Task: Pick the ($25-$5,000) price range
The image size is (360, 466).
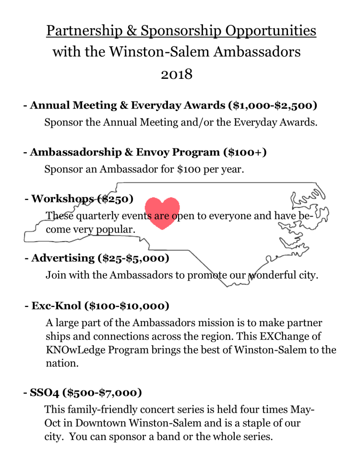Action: [133, 258]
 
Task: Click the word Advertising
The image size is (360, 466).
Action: [63, 258]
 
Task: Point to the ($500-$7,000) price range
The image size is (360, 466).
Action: [104, 392]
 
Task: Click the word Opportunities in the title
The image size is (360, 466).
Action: [271, 31]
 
